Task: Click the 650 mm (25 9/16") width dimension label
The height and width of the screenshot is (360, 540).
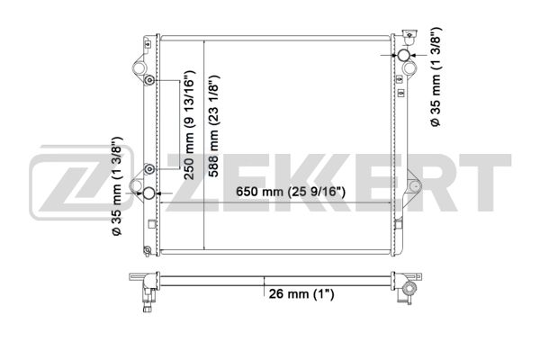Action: tap(290, 192)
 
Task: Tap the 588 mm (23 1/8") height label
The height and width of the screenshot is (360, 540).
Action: tap(213, 126)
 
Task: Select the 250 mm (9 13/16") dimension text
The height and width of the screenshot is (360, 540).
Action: tap(189, 125)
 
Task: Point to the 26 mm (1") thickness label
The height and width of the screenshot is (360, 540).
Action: tap(301, 294)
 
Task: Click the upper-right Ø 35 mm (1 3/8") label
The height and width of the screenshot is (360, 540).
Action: tap(436, 76)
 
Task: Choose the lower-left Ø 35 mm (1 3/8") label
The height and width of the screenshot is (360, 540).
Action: tap(117, 186)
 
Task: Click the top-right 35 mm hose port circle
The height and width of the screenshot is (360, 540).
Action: tap(403, 55)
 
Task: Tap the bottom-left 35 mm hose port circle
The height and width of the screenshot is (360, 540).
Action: tap(149, 193)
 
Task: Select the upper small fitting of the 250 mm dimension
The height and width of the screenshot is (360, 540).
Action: tap(149, 81)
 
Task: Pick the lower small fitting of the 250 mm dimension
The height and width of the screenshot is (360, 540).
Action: tap(149, 169)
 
